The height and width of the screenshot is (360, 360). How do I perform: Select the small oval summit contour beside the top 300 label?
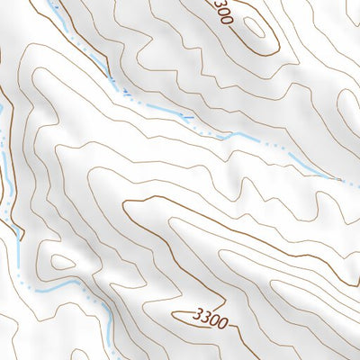point(255,27)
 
